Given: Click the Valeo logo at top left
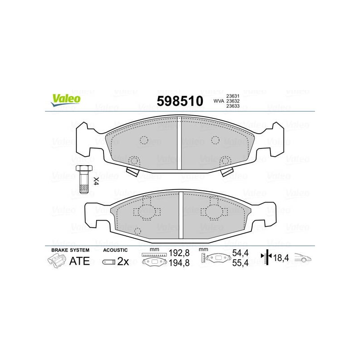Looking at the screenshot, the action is (x=66, y=100).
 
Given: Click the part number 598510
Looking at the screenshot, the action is (x=180, y=101).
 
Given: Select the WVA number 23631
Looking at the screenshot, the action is (x=233, y=96).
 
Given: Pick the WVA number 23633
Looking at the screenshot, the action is (x=233, y=106).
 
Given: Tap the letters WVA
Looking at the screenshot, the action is (x=219, y=101).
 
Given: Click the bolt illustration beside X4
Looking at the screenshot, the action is (x=84, y=179).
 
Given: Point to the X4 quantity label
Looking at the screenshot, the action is (x=96, y=181).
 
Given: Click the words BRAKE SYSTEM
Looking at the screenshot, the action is (x=70, y=250).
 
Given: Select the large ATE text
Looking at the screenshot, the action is (x=80, y=261).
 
